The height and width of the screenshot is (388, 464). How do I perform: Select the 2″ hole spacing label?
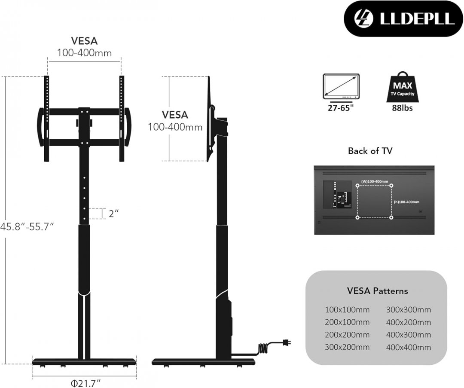click(113, 214)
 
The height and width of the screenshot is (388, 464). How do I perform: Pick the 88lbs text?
click(402, 108)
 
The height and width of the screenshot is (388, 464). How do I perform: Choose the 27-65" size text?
click(341, 108)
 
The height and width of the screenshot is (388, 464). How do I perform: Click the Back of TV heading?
click(370, 151)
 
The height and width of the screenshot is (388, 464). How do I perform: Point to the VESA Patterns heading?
click(377, 291)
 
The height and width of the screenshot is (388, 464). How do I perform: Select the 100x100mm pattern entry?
click(347, 310)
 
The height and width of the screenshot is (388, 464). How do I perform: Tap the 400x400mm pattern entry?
click(408, 347)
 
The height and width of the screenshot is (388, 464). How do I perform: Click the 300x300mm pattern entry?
click(408, 310)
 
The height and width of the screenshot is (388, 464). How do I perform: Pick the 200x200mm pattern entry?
click(347, 335)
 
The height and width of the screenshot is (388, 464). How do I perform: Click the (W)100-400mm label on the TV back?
click(374, 182)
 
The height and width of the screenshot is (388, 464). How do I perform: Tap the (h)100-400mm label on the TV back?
click(406, 202)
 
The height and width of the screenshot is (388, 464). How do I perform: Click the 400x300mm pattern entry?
click(408, 335)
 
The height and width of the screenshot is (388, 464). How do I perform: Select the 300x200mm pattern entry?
click(347, 347)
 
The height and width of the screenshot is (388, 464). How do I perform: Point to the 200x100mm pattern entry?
click(347, 322)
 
